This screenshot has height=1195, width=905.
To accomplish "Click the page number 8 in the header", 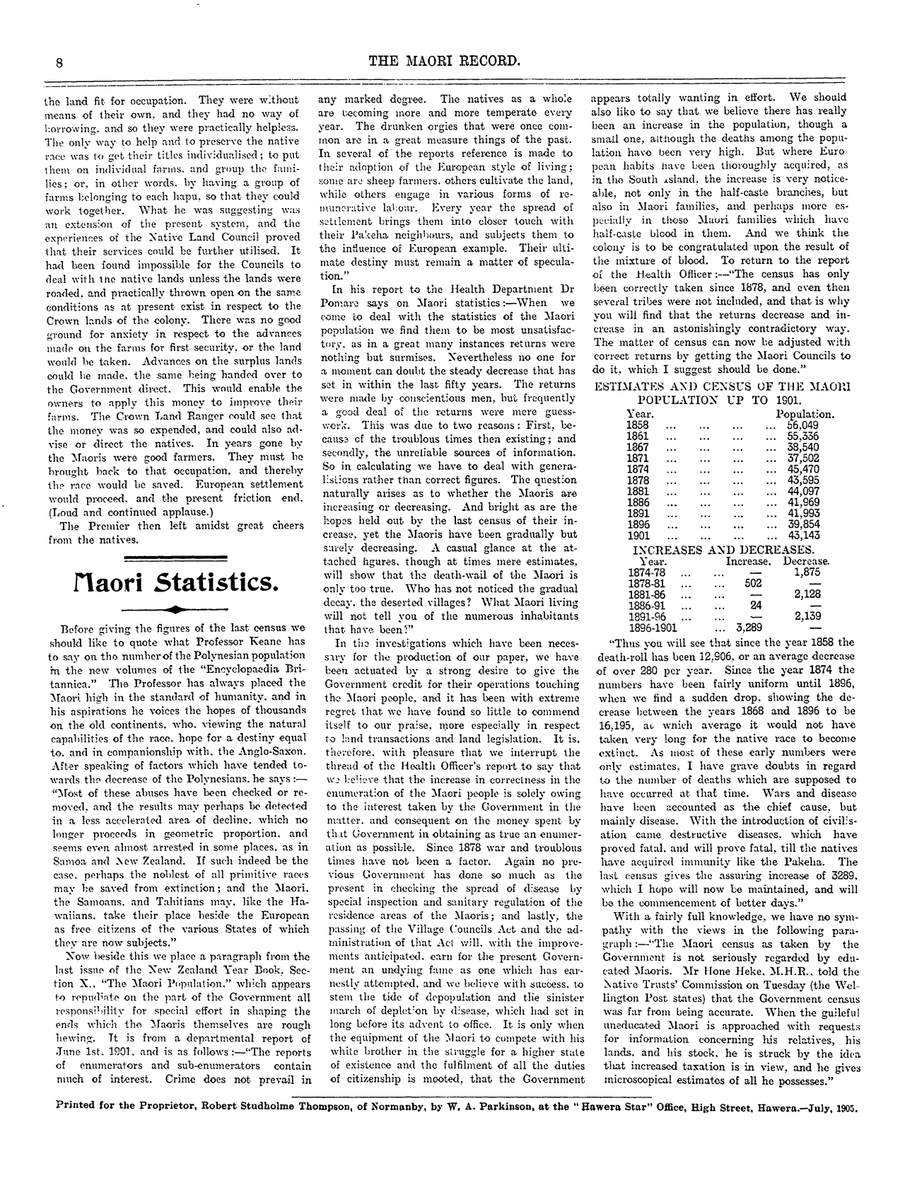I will (x=62, y=62).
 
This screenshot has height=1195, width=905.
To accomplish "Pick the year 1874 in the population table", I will (x=638, y=468).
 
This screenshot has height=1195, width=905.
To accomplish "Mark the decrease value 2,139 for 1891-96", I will (x=807, y=616).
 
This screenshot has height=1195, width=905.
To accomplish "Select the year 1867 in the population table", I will (x=638, y=447).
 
